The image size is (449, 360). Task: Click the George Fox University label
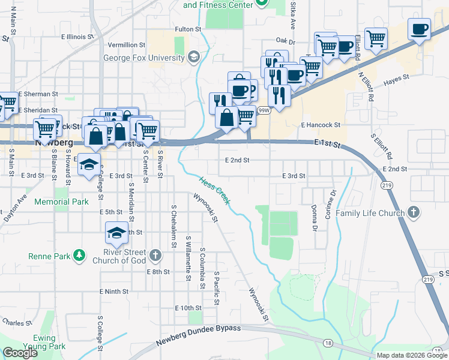click(x=143, y=58)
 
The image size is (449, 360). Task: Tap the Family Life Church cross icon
click(x=413, y=212)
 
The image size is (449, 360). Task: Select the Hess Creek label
click(x=214, y=190)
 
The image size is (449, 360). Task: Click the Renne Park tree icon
click(x=79, y=256)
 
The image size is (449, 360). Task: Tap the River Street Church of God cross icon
click(x=155, y=256)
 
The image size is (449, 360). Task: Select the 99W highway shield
click(x=264, y=110)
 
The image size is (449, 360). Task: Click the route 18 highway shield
click(x=327, y=342)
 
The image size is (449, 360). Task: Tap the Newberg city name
click(x=54, y=143)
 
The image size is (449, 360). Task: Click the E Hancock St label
click(x=321, y=125)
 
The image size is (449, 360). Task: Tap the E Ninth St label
click(x=114, y=291)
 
